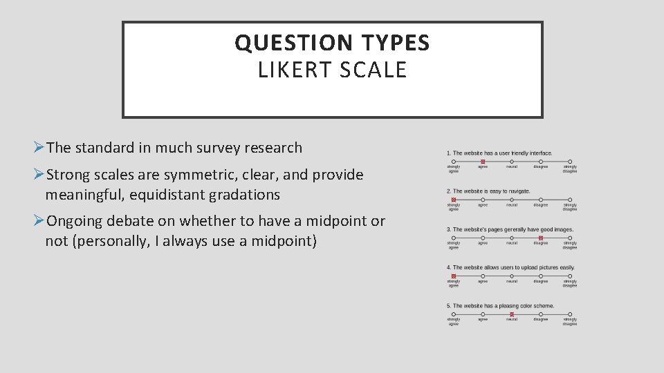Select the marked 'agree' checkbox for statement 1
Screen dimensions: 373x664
483,162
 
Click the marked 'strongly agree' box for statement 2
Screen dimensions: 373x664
454,200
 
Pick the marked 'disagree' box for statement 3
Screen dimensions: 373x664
541,238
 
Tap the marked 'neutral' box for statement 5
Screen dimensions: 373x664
512,314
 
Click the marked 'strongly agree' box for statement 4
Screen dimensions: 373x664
454,276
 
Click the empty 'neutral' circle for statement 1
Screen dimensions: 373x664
512,162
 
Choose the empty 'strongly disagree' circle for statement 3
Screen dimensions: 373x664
570,238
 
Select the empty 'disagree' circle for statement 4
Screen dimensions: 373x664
541,276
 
